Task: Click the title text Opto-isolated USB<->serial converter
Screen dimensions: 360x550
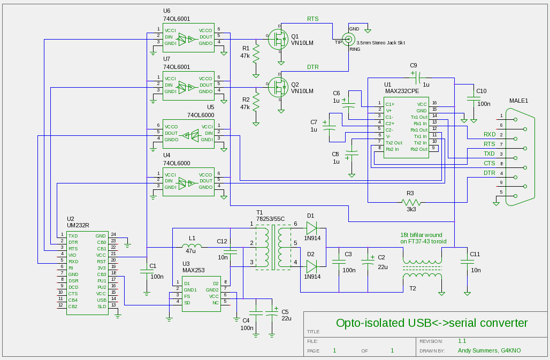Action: tap(431, 323)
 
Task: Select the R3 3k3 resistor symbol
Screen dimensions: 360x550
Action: tap(411, 202)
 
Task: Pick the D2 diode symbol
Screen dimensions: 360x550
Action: tap(311, 264)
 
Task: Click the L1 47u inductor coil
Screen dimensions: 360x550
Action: tap(192, 247)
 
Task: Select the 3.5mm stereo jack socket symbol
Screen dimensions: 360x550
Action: tap(349, 39)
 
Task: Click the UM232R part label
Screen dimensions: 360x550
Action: tap(78, 226)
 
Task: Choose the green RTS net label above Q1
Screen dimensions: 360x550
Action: tap(312, 19)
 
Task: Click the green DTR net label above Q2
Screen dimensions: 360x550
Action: tap(314, 67)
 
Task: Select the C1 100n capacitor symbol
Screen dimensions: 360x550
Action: tap(147, 271)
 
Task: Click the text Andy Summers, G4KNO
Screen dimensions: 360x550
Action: tap(489, 351)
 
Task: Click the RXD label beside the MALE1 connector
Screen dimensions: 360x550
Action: tap(489, 134)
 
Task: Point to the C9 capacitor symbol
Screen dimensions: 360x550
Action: tap(416, 76)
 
